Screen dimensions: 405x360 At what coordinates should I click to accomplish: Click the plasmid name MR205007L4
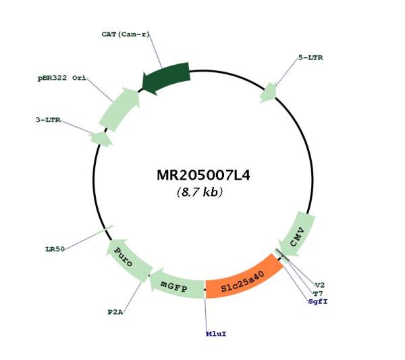coord(203,175)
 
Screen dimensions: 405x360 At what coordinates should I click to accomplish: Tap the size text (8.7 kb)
coord(200,192)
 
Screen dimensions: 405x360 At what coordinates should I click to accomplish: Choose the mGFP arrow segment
coord(177,285)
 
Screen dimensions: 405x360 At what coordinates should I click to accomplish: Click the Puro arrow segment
coord(127,259)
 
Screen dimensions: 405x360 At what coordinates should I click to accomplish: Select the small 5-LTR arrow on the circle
coord(269,93)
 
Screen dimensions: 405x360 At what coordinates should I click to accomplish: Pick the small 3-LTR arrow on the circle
coord(101,138)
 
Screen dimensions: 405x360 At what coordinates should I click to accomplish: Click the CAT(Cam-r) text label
coord(126,34)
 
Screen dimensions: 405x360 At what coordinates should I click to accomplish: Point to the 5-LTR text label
coord(310,57)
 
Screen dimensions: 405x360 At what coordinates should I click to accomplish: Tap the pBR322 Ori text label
coord(62,78)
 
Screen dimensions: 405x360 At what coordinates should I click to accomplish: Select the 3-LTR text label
coord(48,120)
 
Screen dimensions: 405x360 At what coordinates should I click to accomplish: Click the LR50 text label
coord(55,249)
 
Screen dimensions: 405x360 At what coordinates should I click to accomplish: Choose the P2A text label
coord(115,312)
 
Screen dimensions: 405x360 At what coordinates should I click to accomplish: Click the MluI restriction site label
coord(216,334)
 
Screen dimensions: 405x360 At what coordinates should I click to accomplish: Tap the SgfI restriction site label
coord(318,302)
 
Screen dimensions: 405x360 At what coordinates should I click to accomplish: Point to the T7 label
coord(318,294)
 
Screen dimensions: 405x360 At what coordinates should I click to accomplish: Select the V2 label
coord(320,285)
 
